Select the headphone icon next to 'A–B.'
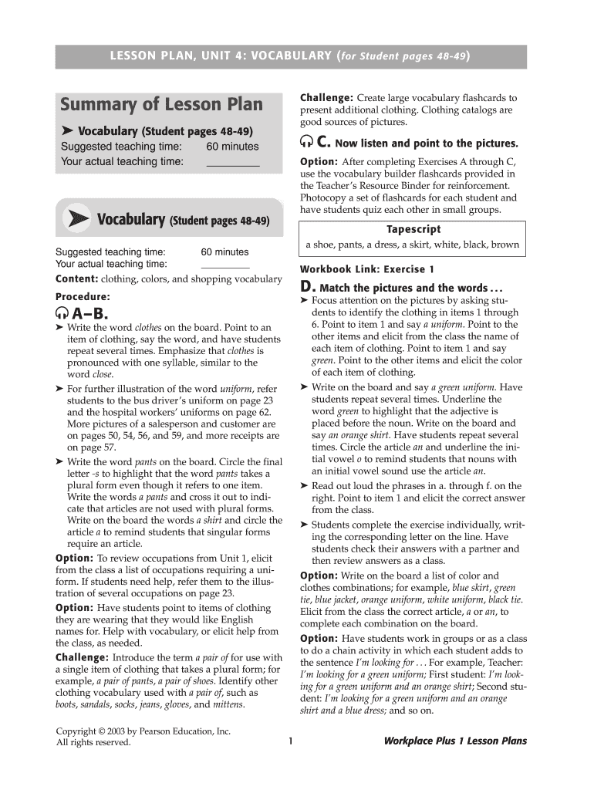tap(61, 314)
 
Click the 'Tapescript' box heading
tap(413, 229)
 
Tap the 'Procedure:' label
tap(83, 296)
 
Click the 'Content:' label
tap(76, 279)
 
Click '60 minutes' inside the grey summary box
tap(232, 147)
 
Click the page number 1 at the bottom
tap(290, 741)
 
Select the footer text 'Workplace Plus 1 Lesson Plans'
tap(455, 741)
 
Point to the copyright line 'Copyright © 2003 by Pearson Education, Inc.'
tap(143, 731)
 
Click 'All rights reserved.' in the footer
tap(93, 743)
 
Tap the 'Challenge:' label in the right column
tap(326, 98)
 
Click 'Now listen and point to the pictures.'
tap(427, 144)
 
